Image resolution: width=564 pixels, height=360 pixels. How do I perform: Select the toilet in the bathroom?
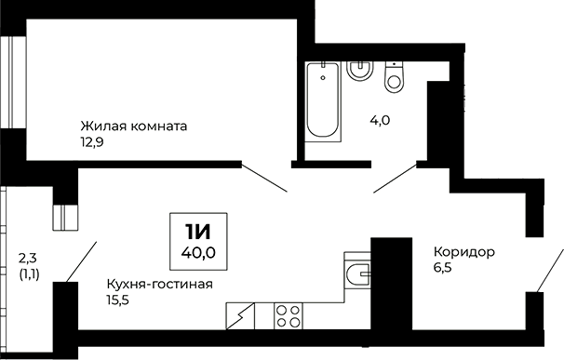pyautogui.click(x=394, y=77)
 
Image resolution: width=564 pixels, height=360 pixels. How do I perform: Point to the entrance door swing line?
pyautogui.click(x=549, y=271)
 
